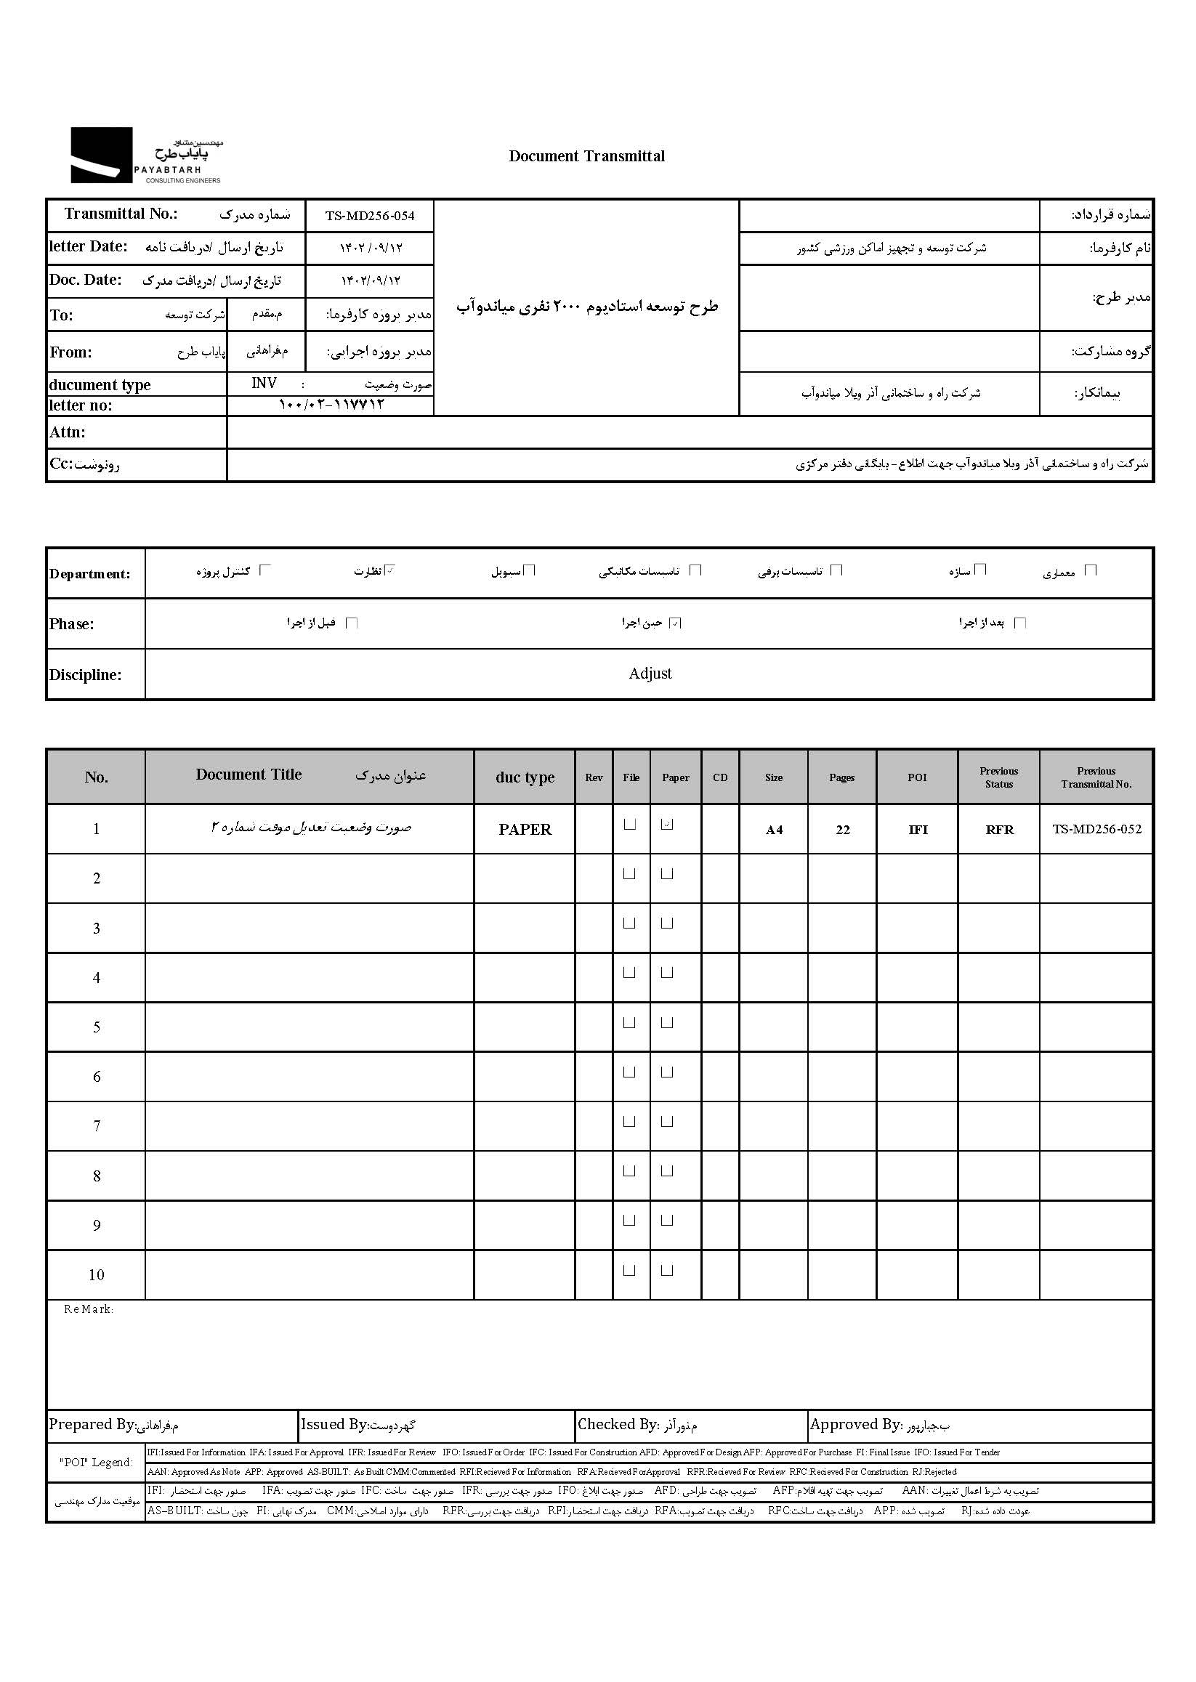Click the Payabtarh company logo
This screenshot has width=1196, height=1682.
point(146,155)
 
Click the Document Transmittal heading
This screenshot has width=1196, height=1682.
point(586,156)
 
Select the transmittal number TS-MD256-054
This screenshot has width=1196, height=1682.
point(370,216)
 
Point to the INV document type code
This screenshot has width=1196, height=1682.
point(264,383)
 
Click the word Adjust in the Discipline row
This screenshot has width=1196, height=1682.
point(650,674)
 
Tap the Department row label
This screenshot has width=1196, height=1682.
point(90,574)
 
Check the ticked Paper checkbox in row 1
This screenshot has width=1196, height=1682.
point(667,825)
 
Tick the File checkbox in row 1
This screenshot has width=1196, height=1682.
point(630,825)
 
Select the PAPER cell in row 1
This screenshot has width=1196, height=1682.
point(525,830)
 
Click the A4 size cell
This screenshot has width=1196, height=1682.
point(773,830)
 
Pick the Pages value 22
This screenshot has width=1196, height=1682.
point(842,830)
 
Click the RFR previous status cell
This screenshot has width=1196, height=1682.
point(998,830)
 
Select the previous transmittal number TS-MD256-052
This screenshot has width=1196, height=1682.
point(1096,829)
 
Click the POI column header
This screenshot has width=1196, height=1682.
point(917,777)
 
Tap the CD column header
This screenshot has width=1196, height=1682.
point(719,777)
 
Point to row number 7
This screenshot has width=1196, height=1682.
point(97,1126)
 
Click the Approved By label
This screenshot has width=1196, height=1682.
point(855,1425)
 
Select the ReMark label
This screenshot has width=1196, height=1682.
point(89,1309)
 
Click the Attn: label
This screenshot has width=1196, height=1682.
point(67,432)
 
